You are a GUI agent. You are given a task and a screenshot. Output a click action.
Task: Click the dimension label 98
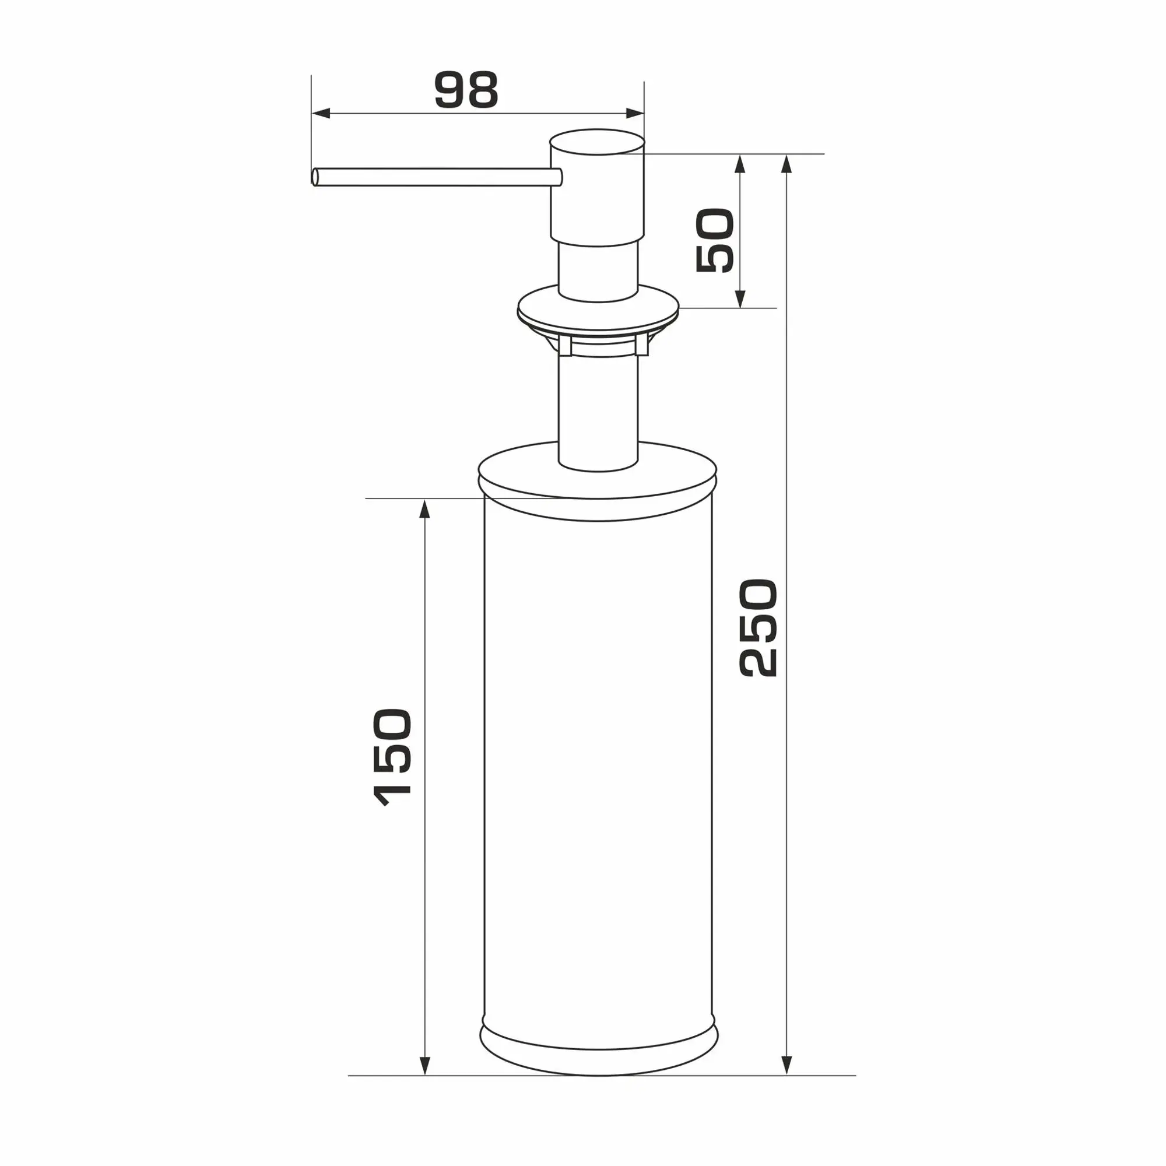pyautogui.click(x=466, y=90)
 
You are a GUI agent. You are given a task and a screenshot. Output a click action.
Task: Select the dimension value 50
pyautogui.click(x=715, y=240)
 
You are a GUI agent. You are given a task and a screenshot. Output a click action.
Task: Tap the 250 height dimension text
pyautogui.click(x=757, y=628)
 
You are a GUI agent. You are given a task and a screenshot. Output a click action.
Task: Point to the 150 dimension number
pyautogui.click(x=393, y=758)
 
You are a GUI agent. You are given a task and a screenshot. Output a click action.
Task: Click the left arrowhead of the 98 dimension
pyautogui.click(x=321, y=114)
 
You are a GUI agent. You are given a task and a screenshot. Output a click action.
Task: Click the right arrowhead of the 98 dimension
pyautogui.click(x=634, y=114)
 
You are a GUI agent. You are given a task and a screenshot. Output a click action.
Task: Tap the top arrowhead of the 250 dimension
pyautogui.click(x=786, y=164)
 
